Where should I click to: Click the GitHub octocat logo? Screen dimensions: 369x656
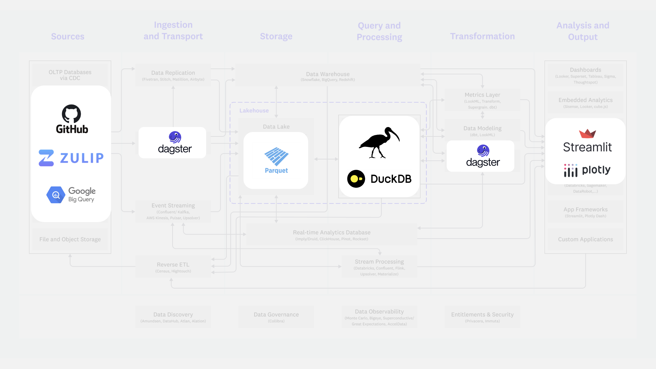pos(71,114)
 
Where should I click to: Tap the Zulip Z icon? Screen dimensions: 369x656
pos(46,158)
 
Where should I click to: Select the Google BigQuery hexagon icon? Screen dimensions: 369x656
pos(56,195)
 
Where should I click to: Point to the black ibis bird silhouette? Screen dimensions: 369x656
pos(379,143)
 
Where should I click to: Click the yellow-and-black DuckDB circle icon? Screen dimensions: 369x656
pos(356,179)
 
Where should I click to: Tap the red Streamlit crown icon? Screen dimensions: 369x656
pos(587,133)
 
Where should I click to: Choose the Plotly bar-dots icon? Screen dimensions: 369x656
pos(570,170)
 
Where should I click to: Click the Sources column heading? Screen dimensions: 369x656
pos(68,36)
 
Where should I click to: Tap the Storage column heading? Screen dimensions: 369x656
pos(276,36)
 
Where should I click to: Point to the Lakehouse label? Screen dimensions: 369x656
pos(254,111)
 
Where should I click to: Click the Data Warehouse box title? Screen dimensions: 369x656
pos(328,74)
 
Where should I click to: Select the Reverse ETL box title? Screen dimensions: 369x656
pos(173,265)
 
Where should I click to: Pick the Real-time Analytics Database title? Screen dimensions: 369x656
pos(332,232)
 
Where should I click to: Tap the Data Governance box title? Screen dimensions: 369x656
pos(276,315)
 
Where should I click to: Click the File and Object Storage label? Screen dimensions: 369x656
pos(70,239)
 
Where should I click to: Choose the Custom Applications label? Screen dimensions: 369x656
pos(585,239)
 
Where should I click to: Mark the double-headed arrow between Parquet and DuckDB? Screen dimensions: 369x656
pos(326,159)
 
